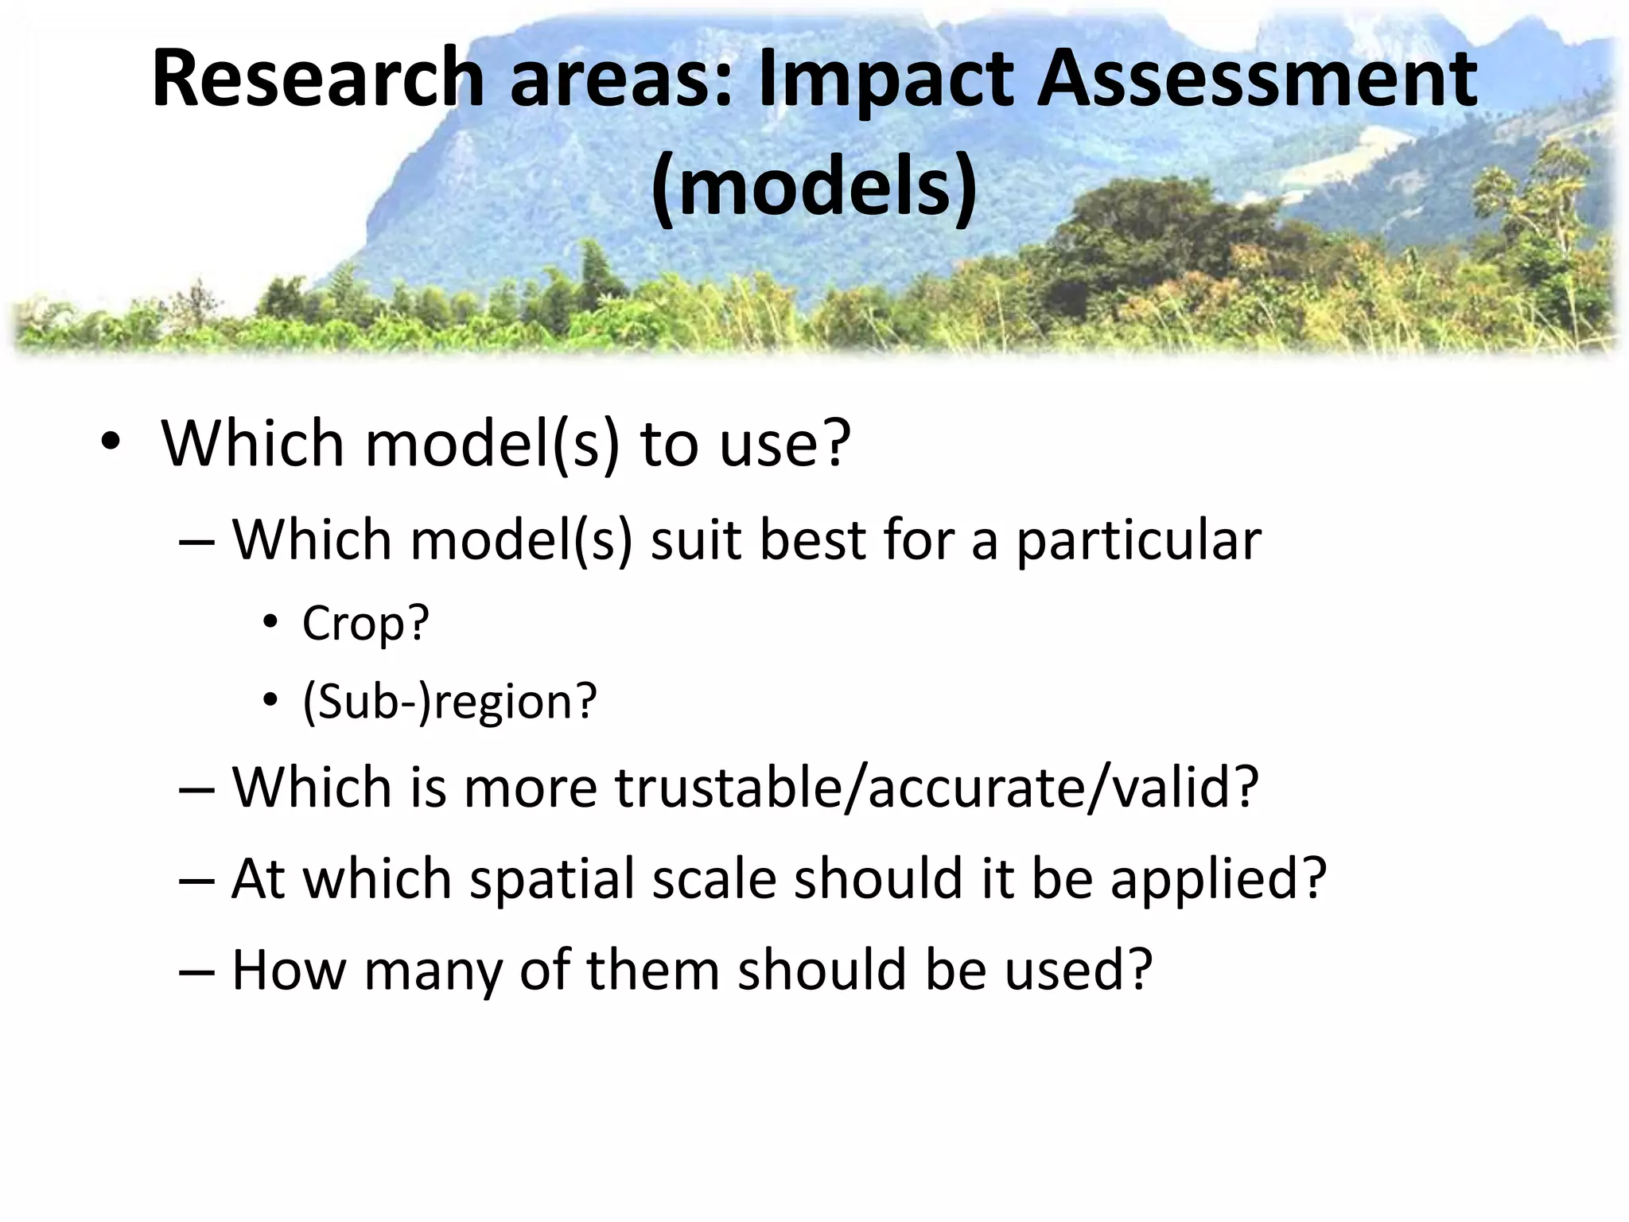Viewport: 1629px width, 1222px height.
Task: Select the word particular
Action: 1138,540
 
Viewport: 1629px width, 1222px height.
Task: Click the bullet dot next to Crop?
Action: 270,623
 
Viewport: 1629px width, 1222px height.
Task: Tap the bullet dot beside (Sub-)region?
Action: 270,701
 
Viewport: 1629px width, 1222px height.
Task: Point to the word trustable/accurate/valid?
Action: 937,788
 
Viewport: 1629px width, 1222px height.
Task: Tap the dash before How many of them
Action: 196,973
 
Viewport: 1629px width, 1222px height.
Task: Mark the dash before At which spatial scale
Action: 196,881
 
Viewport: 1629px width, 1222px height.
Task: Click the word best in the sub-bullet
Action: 812,540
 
